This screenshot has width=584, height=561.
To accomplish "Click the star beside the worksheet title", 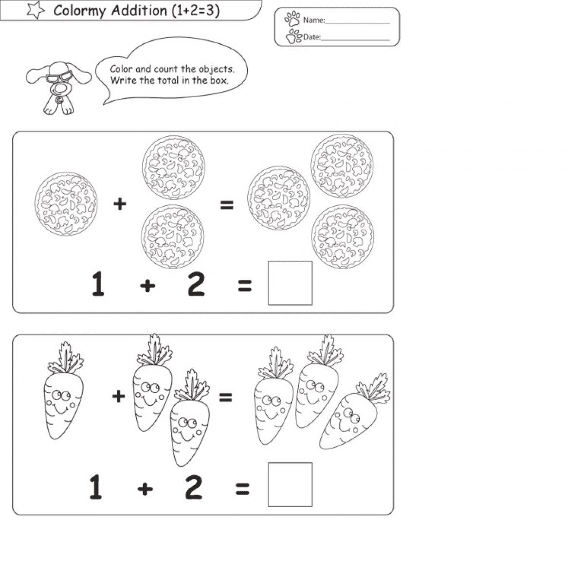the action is [x=36, y=10].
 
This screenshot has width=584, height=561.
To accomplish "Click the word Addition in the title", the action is [x=139, y=11].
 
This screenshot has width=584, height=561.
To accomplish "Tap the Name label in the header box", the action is [x=314, y=20].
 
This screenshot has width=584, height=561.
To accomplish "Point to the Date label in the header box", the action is [x=312, y=37].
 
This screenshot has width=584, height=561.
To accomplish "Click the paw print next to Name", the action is [x=292, y=18].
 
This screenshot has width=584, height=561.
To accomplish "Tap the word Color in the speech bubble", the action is [x=121, y=69].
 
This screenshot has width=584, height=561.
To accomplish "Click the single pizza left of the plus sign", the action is [x=66, y=204].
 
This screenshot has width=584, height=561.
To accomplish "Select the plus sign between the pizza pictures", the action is [x=120, y=204].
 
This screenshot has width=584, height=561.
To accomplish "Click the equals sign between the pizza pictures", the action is [x=227, y=205].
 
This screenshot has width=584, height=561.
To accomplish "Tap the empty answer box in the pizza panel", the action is [x=290, y=283].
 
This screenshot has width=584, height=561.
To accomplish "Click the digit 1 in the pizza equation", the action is [x=98, y=284].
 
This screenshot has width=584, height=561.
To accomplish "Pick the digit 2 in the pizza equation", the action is [x=196, y=284].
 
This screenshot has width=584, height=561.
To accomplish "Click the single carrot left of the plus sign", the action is [x=64, y=390].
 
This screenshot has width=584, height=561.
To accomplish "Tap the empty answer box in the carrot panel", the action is [x=290, y=485].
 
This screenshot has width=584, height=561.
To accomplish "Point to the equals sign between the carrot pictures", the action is [x=226, y=397].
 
